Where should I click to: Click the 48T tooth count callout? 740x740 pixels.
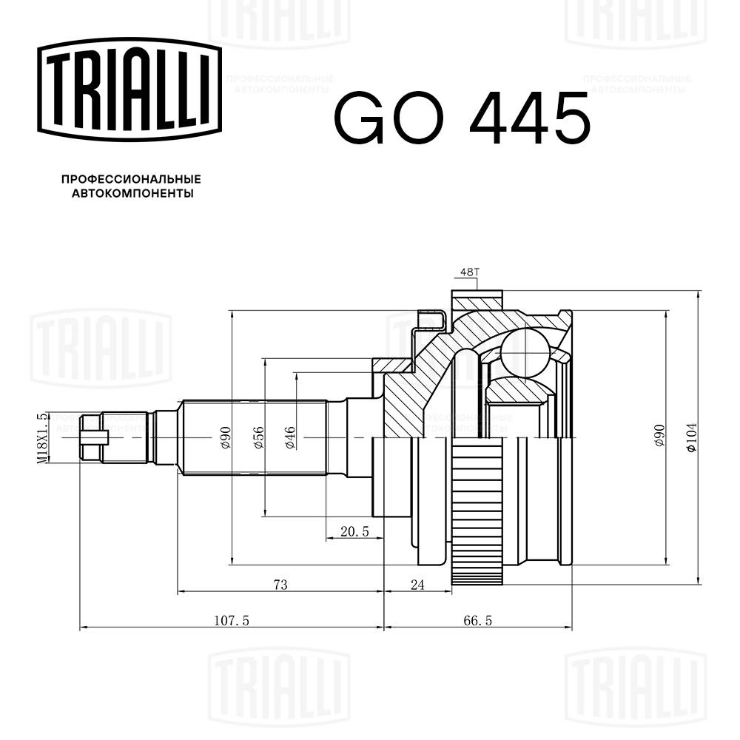tap(470, 273)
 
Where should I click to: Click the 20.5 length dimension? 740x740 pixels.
tap(354, 531)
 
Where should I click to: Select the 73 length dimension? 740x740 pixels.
tap(280, 585)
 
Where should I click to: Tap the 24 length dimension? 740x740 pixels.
tap(417, 585)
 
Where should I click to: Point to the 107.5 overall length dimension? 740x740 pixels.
tap(230, 622)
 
